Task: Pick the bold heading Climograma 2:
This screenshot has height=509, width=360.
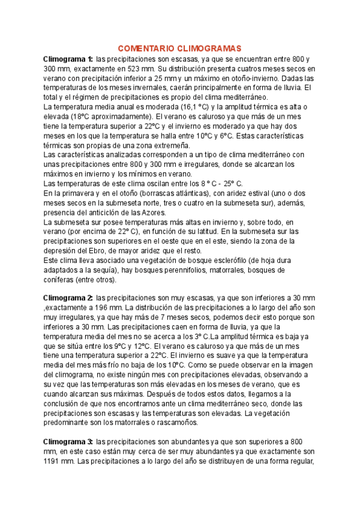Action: click(68, 298)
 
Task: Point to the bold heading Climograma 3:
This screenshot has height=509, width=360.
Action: click(68, 443)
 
